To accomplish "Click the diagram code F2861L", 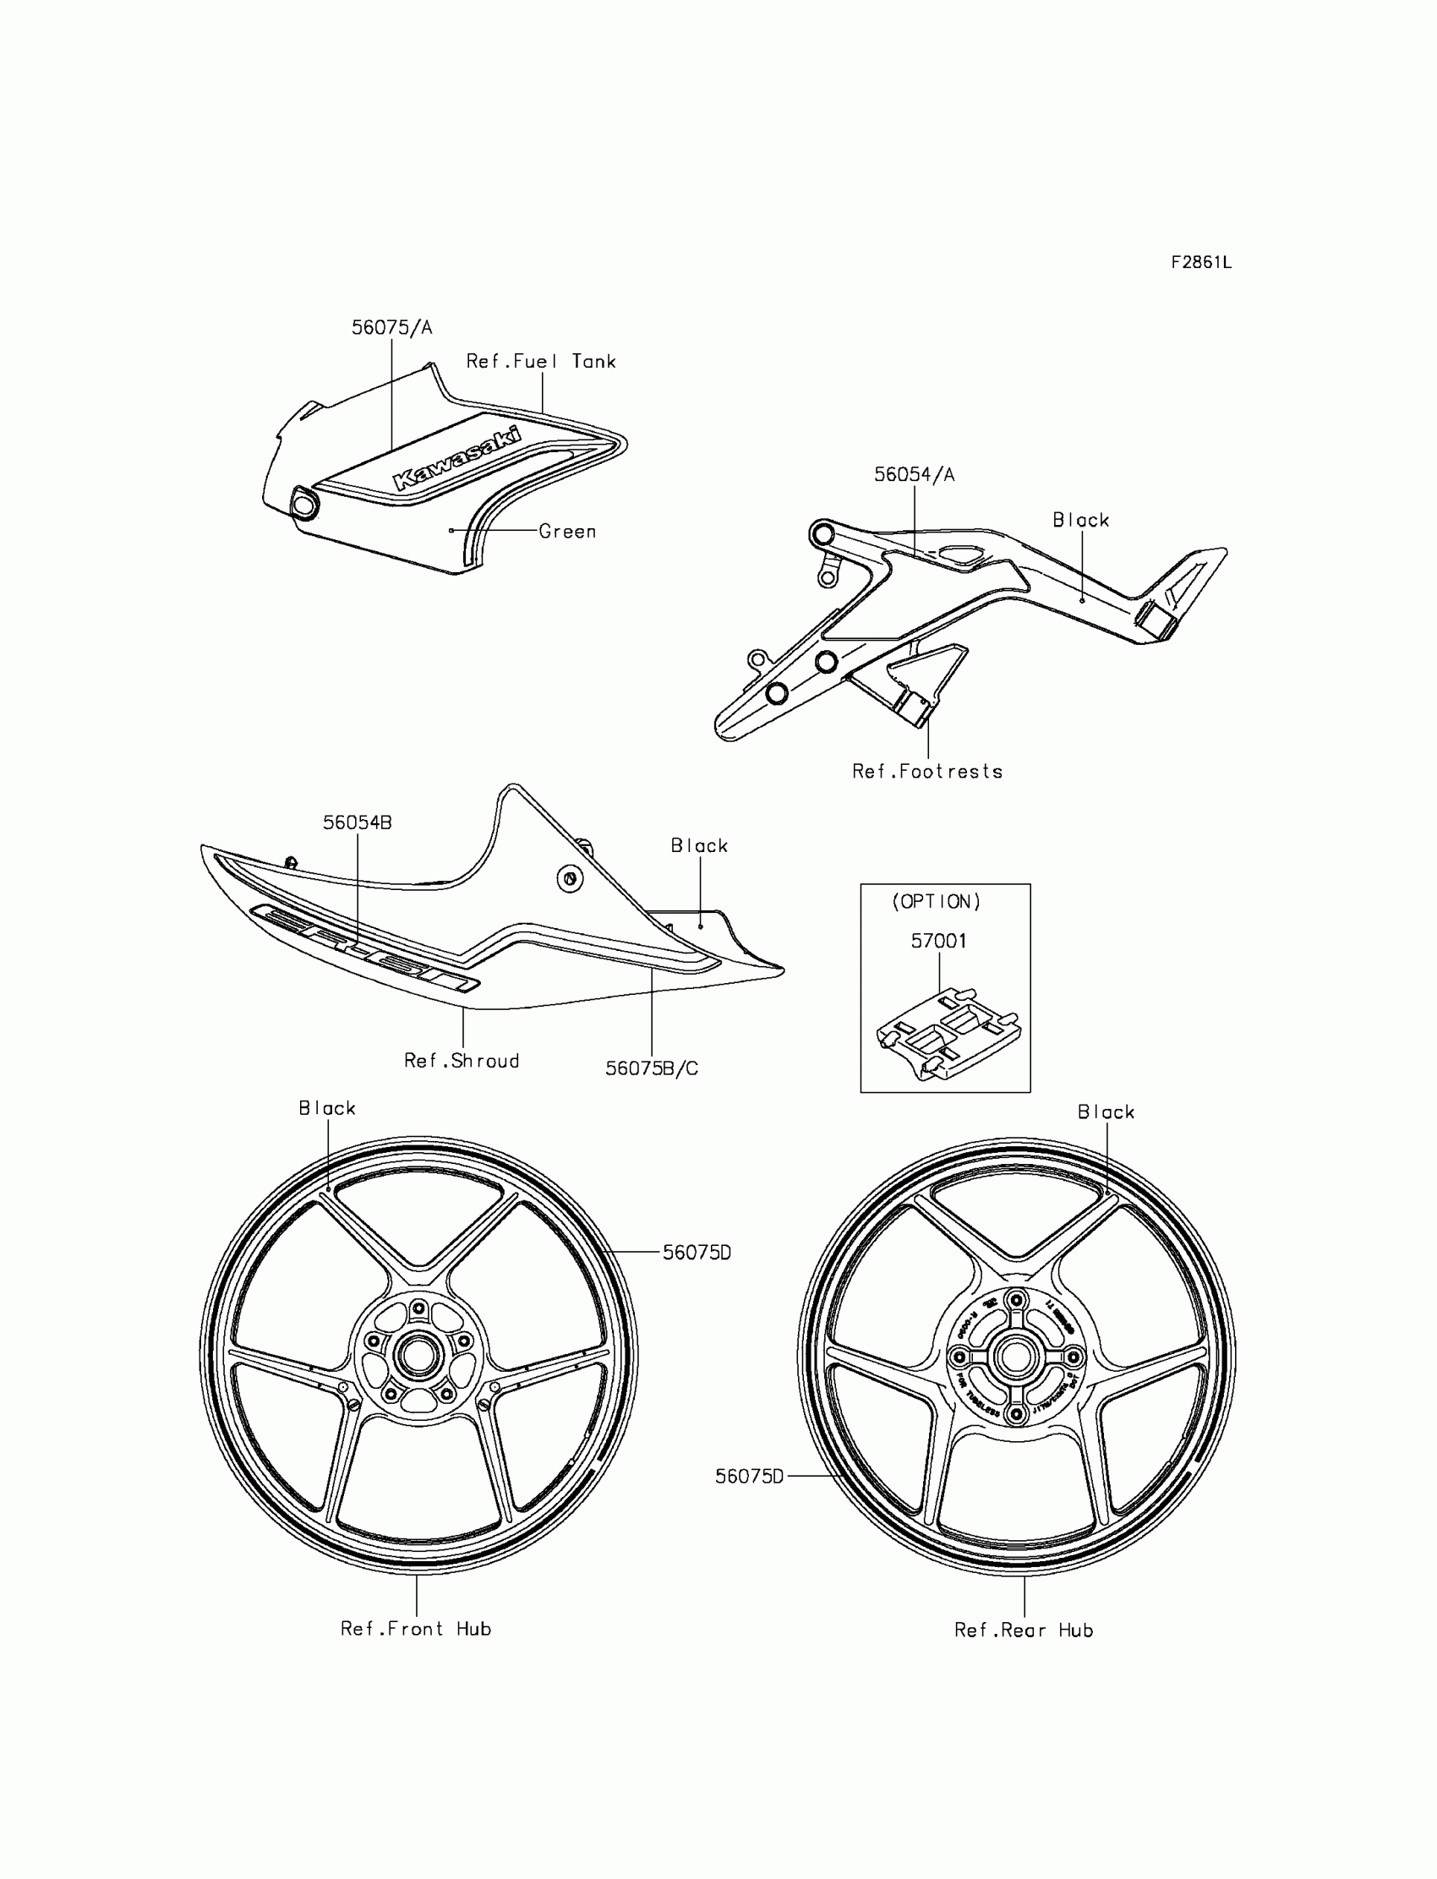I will [x=1201, y=263].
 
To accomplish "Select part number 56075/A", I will [x=391, y=328].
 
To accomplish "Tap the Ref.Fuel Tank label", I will [x=541, y=362].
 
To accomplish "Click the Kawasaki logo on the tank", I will [x=456, y=459].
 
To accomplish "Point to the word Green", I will [x=567, y=532].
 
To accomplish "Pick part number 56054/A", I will [x=914, y=475].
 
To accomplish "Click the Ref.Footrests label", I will [x=927, y=772].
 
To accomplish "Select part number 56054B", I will [x=357, y=822].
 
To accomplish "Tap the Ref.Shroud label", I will [x=462, y=1062].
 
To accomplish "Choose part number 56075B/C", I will [x=652, y=1069].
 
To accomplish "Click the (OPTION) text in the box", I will [x=937, y=901].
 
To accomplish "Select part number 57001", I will [x=938, y=942].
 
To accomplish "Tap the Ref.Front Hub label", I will [x=416, y=1630].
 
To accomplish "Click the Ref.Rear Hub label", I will [x=1024, y=1631].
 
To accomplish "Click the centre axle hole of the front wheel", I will [x=418, y=1356].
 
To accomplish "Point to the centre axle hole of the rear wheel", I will [x=1016, y=1357].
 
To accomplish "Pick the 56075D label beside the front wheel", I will [x=697, y=1253].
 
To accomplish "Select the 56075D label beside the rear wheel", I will [x=749, y=1477].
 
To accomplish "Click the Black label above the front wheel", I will [x=327, y=1108].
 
